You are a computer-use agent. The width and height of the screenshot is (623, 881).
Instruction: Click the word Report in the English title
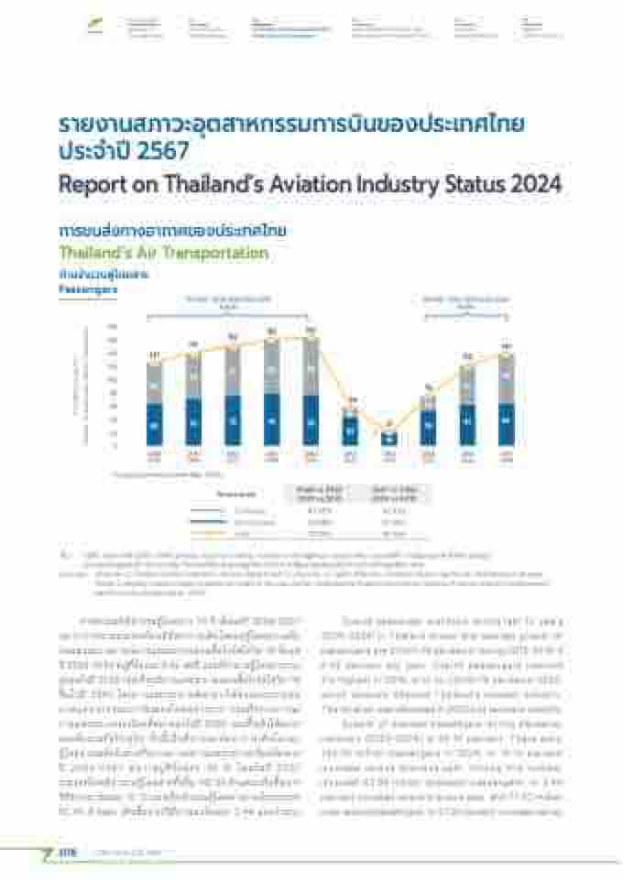87,184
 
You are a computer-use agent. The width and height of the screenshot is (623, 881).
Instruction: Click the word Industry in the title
375,184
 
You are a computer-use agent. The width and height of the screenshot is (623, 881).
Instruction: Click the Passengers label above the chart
84,288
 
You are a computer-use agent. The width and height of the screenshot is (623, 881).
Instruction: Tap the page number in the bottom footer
66,853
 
